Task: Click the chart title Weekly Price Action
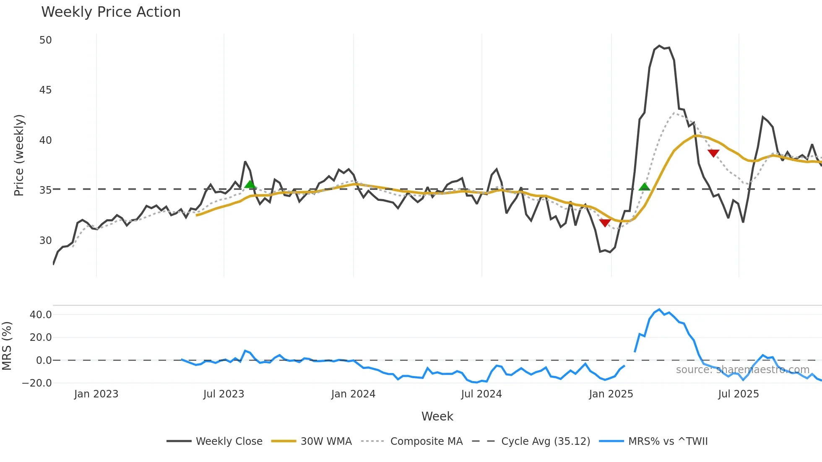click(111, 12)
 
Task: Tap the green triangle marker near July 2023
click(250, 184)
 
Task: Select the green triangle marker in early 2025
click(645, 187)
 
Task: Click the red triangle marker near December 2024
click(605, 223)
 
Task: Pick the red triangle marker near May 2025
click(713, 153)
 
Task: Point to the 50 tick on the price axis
click(45, 40)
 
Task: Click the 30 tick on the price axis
click(45, 241)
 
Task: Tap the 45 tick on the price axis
click(45, 90)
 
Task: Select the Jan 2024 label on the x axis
click(353, 394)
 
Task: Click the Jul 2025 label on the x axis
click(738, 394)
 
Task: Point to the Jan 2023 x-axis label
click(96, 394)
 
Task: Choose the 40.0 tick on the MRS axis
click(41, 315)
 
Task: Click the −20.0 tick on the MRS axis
click(37, 383)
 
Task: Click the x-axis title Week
click(437, 416)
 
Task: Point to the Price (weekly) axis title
click(19, 155)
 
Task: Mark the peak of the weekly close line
click(659, 46)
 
